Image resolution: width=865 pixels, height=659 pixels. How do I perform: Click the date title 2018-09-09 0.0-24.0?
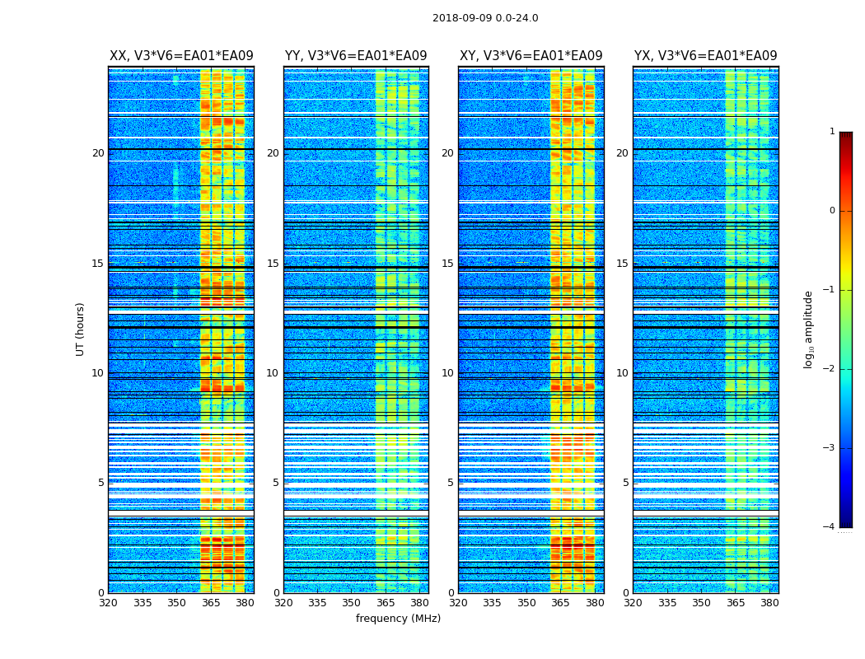[485, 18]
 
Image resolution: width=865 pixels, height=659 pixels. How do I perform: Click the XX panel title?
[181, 56]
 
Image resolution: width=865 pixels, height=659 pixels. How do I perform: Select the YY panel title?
[356, 56]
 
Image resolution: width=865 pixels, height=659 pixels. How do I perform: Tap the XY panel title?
[531, 56]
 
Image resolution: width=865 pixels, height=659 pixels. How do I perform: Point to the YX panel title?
[705, 56]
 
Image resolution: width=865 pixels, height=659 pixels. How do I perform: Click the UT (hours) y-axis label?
[81, 329]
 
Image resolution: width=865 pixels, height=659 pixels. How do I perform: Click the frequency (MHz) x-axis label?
[398, 619]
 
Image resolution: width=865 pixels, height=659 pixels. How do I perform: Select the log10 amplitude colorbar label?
[809, 329]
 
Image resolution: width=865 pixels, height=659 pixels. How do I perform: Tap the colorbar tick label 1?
[832, 132]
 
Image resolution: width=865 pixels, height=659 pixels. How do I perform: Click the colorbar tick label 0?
[832, 211]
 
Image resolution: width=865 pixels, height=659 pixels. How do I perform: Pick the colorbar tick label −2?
[830, 369]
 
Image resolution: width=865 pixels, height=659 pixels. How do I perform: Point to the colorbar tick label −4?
[830, 527]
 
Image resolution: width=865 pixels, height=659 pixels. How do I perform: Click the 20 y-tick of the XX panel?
[98, 153]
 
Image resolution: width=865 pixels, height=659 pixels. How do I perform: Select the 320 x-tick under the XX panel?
[108, 603]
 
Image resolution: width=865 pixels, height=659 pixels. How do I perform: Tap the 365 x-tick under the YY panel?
[386, 603]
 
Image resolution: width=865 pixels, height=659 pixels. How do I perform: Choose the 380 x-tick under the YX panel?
[769, 603]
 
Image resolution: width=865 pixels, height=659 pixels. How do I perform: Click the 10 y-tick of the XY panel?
[447, 373]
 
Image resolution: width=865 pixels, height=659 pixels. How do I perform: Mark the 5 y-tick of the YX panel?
[625, 483]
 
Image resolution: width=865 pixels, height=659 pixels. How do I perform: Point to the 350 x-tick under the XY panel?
[526, 603]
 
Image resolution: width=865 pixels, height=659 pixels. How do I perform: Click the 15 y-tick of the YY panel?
[273, 264]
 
